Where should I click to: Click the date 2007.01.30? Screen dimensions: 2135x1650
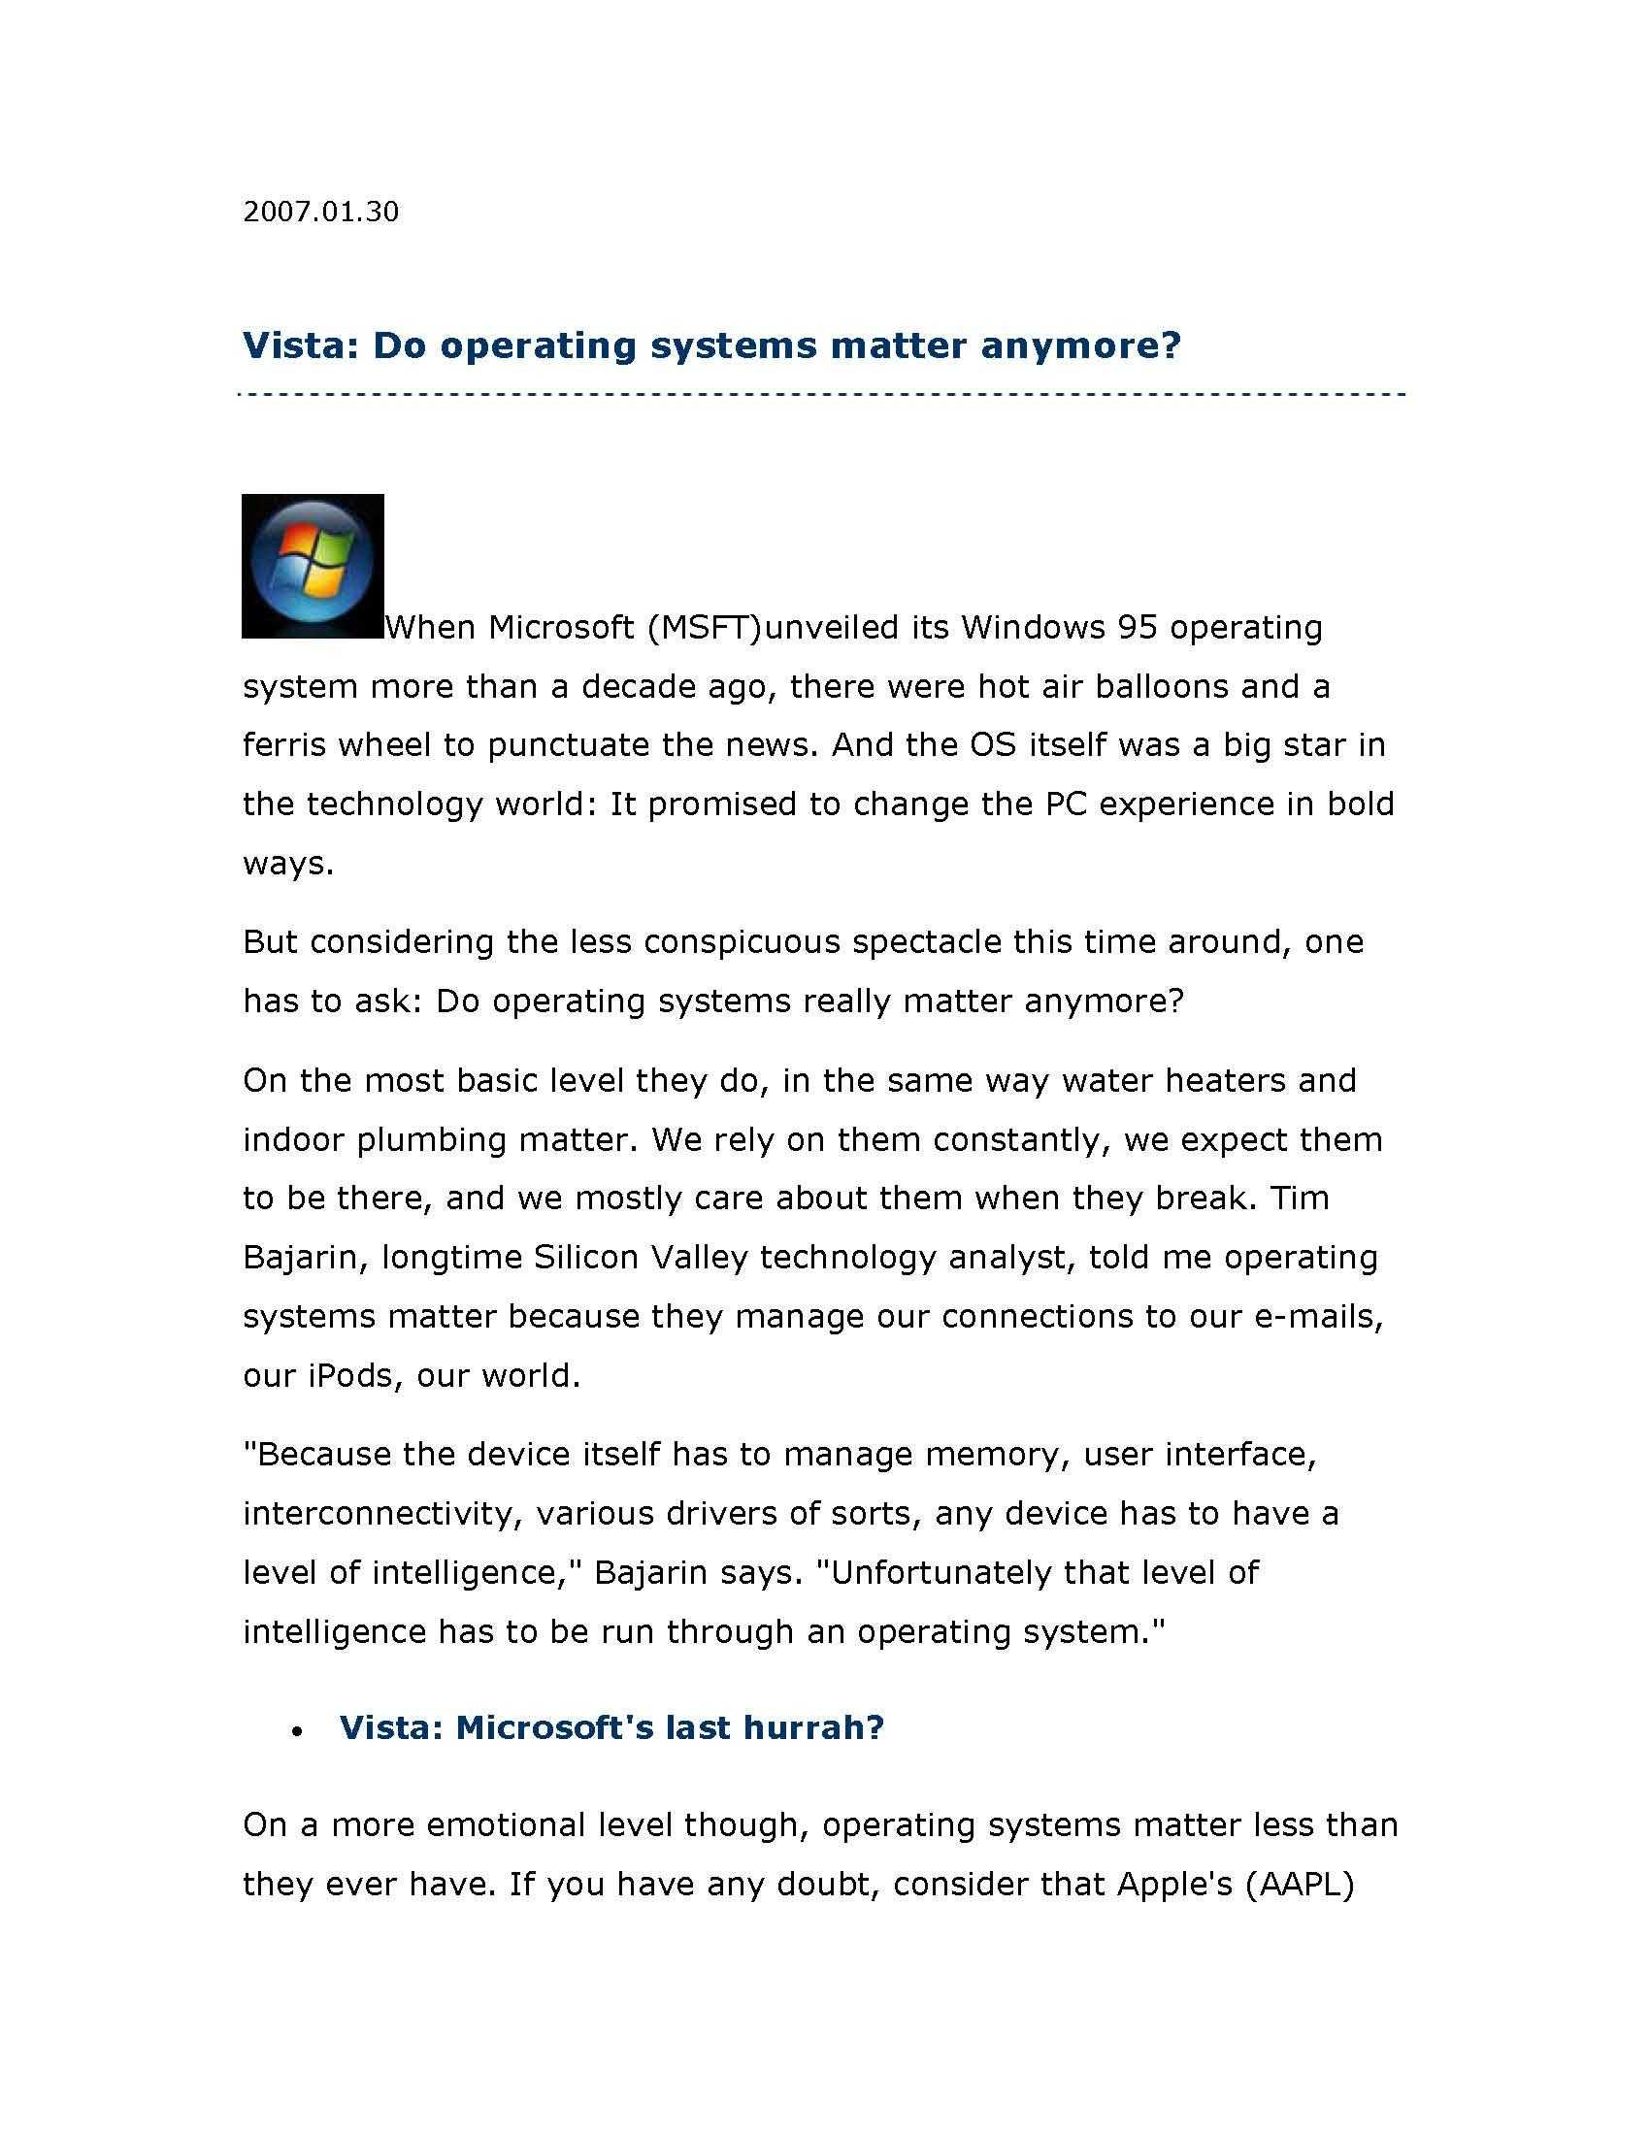tap(320, 213)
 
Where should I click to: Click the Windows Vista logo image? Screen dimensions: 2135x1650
tap(313, 566)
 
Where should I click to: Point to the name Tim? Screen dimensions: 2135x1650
tap(1299, 1198)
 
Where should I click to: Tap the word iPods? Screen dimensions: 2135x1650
tap(351, 1375)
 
